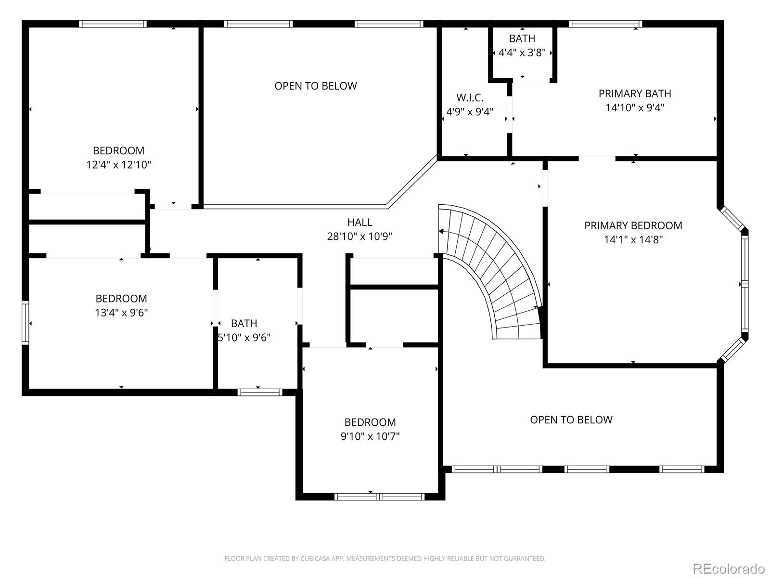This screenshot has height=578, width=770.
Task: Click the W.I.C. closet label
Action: [470, 97]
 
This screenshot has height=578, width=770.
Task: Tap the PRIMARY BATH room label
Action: [635, 94]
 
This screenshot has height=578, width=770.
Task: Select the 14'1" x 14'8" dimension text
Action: [633, 240]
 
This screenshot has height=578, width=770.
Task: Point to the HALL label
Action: [359, 222]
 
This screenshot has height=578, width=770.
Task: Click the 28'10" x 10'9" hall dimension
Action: [359, 236]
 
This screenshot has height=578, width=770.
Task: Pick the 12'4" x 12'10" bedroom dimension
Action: [118, 165]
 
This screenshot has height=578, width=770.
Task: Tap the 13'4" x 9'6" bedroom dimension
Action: [121, 313]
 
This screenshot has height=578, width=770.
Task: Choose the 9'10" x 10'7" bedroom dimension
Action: [370, 436]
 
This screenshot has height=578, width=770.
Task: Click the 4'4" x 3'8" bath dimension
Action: [522, 53]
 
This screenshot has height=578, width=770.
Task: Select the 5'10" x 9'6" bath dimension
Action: [244, 338]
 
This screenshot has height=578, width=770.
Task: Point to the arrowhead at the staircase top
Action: [441, 231]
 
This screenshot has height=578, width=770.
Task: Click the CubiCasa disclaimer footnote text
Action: [385, 558]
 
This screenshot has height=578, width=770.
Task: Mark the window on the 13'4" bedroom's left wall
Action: [25, 323]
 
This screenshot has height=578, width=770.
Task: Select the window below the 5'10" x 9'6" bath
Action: [260, 392]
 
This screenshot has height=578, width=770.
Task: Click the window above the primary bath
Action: [605, 24]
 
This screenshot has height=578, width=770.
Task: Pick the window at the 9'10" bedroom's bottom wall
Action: [379, 497]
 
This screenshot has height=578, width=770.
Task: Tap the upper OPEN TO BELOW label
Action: [316, 86]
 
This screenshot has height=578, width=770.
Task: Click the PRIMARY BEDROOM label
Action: [633, 225]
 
